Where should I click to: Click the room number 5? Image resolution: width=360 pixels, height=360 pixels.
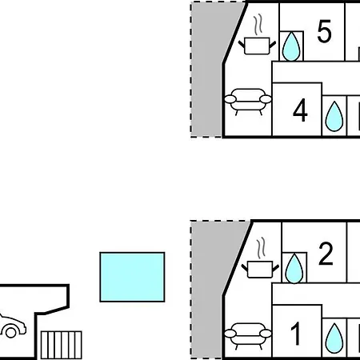coord(324,31)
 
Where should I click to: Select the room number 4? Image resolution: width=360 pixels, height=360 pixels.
coord(300,110)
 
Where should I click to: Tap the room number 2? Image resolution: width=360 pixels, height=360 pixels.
coord(326,254)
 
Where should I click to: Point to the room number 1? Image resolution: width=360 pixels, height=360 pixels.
coord(295,334)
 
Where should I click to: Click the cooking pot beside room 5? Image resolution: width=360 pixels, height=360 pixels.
coord(257,46)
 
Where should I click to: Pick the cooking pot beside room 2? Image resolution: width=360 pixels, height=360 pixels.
coord(260,270)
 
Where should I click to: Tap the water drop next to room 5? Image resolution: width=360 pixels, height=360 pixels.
coord(291,46)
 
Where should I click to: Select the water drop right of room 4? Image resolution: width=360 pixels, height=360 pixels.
coord(334,117)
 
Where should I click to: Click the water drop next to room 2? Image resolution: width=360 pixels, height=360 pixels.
coord(294,268)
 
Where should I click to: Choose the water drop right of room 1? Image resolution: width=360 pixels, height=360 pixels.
coord(334,338)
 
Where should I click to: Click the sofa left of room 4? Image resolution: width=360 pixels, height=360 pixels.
coord(248,100)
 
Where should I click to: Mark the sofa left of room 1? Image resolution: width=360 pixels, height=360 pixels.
coord(248,334)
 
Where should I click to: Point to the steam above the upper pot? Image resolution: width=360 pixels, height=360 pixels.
coord(258,25)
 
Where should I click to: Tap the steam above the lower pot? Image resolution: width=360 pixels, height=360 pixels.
coord(261,248)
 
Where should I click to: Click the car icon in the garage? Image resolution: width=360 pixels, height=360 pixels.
coord(12,326)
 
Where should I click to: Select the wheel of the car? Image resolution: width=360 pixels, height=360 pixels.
coord(11,333)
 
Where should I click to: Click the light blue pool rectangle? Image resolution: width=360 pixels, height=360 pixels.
coord(132,277)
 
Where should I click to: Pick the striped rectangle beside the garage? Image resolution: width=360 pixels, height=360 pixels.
coord(62,345)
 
